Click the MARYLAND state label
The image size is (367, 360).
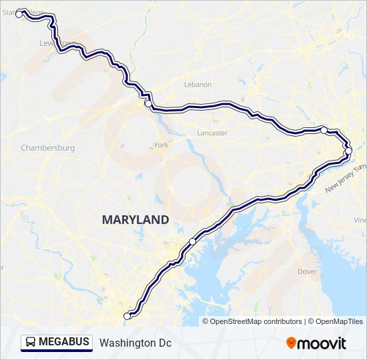[135, 219]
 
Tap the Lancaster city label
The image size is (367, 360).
[212, 133]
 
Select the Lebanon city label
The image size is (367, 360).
[198, 85]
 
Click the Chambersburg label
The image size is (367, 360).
[47, 148]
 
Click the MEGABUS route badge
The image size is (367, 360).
[57, 342]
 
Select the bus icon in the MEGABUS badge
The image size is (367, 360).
[31, 342]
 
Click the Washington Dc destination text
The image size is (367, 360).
[135, 343]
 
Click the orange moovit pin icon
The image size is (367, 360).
[292, 343]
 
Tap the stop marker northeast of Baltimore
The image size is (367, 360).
[192, 241]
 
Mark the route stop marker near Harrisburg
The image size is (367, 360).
[148, 103]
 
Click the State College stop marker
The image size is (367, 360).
[19, 12]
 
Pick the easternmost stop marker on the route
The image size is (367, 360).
[348, 151]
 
